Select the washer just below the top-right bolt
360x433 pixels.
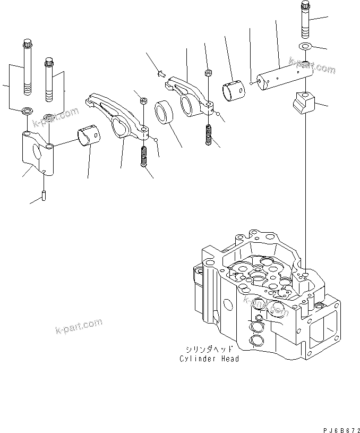pyautogui.click(x=304, y=47)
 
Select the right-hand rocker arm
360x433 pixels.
pyautogui.click(x=189, y=96)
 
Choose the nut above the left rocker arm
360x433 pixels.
pyautogui.click(x=143, y=99)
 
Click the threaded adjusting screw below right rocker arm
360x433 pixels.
pyautogui.click(x=209, y=135)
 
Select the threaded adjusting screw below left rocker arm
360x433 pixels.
pyautogui.click(x=143, y=157)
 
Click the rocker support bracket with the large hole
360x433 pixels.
pyautogui.click(x=37, y=151)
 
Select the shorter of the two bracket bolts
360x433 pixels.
pyautogui.click(x=49, y=79)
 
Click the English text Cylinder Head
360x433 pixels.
pyautogui.click(x=209, y=359)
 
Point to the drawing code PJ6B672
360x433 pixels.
pyautogui.click(x=338, y=426)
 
